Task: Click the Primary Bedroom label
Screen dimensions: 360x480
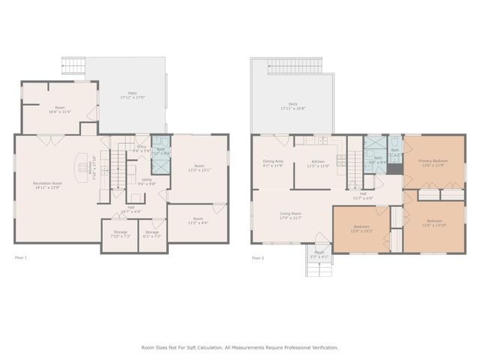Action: point(433,163)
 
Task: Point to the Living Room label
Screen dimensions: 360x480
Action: point(290,216)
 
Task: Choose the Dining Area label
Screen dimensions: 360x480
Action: point(273,163)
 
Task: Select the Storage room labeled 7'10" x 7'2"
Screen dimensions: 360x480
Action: point(120,234)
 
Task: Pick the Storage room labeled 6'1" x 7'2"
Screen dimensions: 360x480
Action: point(152,234)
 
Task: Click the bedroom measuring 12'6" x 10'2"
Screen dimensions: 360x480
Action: point(361,229)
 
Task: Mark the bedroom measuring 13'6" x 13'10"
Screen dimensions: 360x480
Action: point(434,223)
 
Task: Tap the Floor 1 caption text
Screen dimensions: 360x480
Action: point(21,258)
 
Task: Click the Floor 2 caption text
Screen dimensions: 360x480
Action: point(258,258)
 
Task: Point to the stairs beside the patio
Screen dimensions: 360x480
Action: point(74,66)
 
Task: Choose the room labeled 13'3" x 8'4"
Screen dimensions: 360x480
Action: point(199,220)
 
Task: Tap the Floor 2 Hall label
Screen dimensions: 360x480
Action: point(363,196)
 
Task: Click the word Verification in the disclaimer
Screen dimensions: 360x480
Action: point(322,347)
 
